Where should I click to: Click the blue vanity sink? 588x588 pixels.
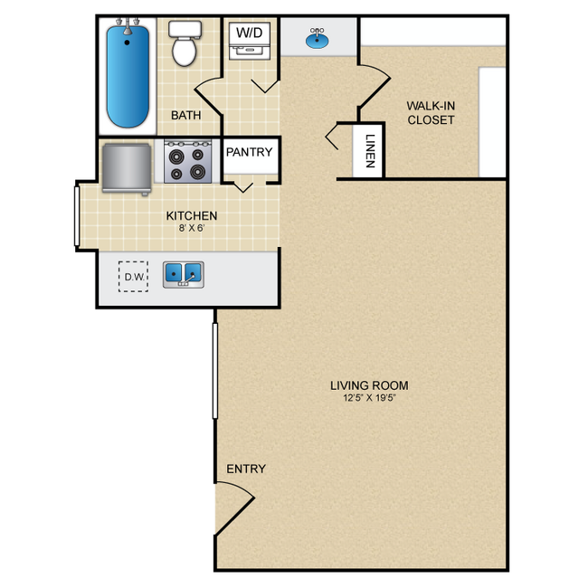coord(317,39)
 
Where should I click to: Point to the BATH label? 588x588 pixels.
coord(185,116)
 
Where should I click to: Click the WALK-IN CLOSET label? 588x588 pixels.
coord(431,113)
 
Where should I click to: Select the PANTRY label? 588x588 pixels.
coord(249,152)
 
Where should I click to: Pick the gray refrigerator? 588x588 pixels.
coord(127,168)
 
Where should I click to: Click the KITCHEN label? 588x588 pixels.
coord(191,215)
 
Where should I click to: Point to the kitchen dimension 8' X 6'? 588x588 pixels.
coord(191,228)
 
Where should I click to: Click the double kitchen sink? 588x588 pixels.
coord(183,273)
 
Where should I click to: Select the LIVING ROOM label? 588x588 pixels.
coord(369,386)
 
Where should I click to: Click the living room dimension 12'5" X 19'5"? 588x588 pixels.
coord(369,399)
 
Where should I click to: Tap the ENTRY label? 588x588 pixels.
coord(246,469)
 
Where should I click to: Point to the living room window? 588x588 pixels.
coord(215,370)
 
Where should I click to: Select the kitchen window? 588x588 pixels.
coord(77,215)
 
